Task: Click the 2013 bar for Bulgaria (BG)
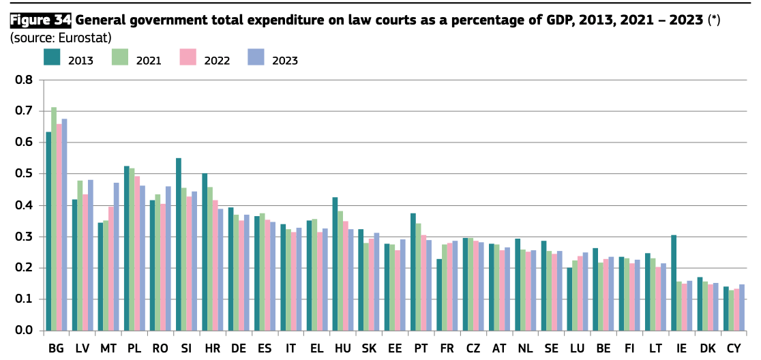click(x=48, y=232)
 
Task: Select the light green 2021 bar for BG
click(x=54, y=219)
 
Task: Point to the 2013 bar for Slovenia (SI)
click(x=179, y=245)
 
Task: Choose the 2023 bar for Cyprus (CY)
click(x=741, y=307)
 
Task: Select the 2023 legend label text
click(x=285, y=60)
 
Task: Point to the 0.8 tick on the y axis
click(x=24, y=80)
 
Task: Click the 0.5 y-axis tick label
click(x=24, y=174)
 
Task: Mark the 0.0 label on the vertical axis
click(x=24, y=331)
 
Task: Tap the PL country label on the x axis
click(x=134, y=348)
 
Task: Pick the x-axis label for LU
click(x=578, y=348)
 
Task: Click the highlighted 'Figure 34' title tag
click(x=41, y=20)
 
